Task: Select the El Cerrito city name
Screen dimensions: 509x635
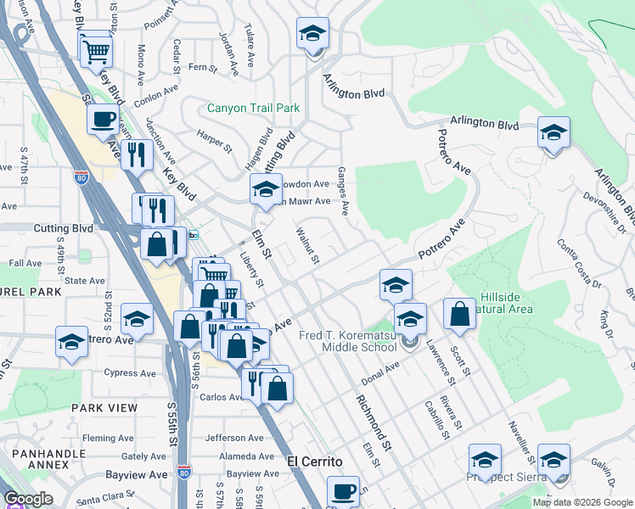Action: click(x=314, y=461)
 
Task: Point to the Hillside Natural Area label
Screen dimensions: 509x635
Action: click(x=507, y=303)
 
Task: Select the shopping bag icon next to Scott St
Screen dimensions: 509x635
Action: click(x=459, y=314)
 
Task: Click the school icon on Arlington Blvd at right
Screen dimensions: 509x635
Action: click(x=554, y=133)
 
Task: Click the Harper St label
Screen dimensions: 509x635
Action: click(x=214, y=142)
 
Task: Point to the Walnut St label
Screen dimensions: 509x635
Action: click(x=306, y=245)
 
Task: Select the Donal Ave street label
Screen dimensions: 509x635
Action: click(x=379, y=369)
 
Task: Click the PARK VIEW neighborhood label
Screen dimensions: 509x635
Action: click(x=104, y=408)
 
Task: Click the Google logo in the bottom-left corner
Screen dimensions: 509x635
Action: click(x=28, y=499)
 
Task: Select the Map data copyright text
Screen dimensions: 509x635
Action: click(x=582, y=502)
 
